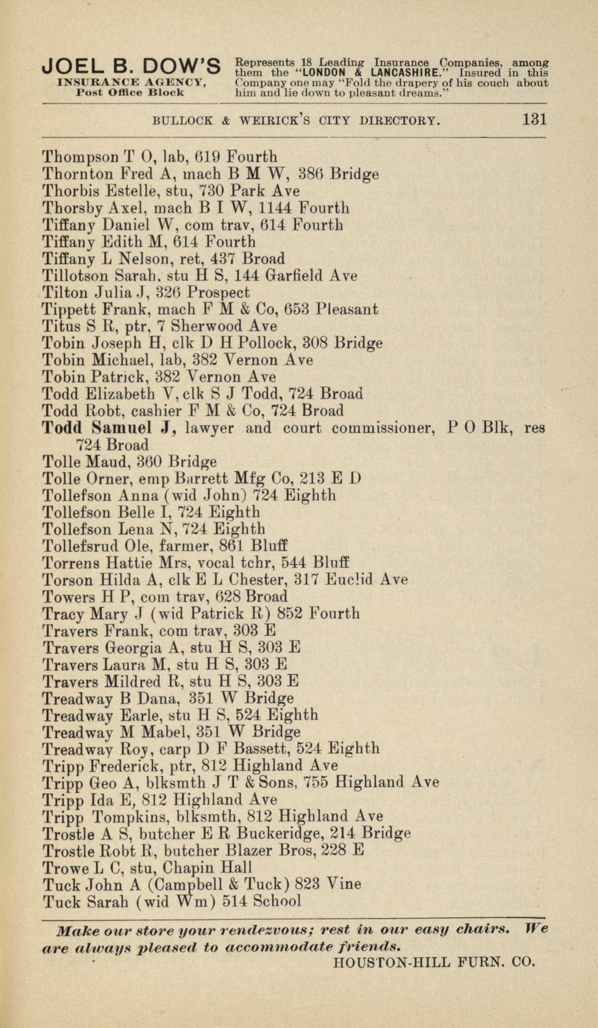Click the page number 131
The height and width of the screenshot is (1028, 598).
534,120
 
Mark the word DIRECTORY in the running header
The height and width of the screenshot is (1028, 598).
399,121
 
